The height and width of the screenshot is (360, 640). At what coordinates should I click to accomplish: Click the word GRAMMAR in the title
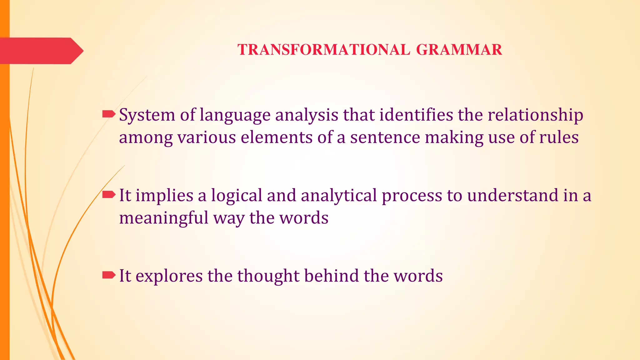(x=459, y=50)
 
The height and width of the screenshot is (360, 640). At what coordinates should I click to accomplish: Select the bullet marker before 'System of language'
(x=108, y=114)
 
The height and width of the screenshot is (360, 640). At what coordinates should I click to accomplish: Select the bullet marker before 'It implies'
(x=108, y=195)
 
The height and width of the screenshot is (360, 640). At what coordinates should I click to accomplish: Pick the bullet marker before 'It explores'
(x=108, y=275)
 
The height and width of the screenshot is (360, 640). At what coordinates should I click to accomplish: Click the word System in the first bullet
(x=147, y=115)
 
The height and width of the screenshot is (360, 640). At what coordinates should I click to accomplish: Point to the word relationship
(x=535, y=115)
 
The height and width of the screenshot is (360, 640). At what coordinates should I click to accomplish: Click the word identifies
(x=416, y=115)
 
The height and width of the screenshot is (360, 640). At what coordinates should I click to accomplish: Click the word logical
(x=237, y=196)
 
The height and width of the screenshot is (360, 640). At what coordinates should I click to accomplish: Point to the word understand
(x=512, y=195)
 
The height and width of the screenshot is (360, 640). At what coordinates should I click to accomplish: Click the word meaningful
(x=163, y=218)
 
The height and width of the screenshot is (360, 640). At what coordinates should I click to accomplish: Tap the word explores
(x=169, y=276)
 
